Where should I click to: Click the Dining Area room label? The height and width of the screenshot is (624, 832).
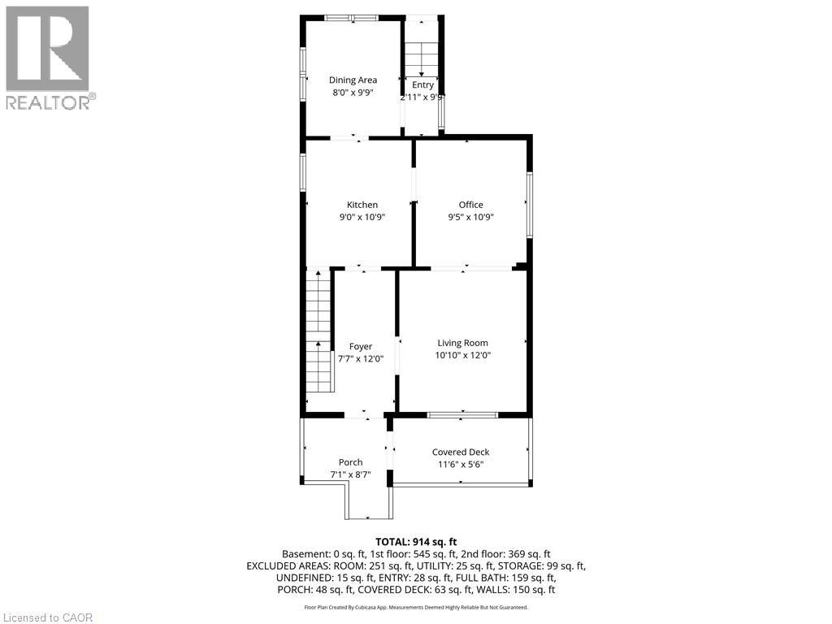(x=353, y=80)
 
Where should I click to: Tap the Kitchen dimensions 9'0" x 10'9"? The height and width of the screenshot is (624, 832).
(x=362, y=217)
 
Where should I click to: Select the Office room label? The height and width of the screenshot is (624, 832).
(x=470, y=205)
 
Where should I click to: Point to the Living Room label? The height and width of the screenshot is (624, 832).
(x=462, y=343)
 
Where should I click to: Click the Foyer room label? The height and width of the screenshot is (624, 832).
(x=360, y=346)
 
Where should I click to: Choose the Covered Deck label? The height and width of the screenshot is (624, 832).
(x=461, y=452)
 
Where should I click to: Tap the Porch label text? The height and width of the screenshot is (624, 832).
(x=350, y=462)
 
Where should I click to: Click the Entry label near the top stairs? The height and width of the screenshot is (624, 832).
(x=422, y=84)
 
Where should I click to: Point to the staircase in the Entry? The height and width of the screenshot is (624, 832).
(x=421, y=57)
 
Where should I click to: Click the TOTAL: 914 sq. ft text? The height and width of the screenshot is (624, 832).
(x=416, y=541)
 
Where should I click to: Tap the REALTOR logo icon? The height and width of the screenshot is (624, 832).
(x=47, y=49)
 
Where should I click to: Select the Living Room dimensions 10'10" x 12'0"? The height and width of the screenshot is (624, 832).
(x=462, y=355)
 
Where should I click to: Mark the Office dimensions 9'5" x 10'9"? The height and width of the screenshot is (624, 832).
(x=470, y=217)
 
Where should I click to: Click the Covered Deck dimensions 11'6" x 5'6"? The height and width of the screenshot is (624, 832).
(x=461, y=465)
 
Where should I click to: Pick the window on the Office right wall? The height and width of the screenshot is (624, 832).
(x=529, y=205)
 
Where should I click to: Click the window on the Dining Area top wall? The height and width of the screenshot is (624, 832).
(x=350, y=17)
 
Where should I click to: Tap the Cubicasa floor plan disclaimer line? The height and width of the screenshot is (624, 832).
(x=416, y=607)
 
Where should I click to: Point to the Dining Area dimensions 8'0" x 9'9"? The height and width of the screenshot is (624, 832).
(x=353, y=93)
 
